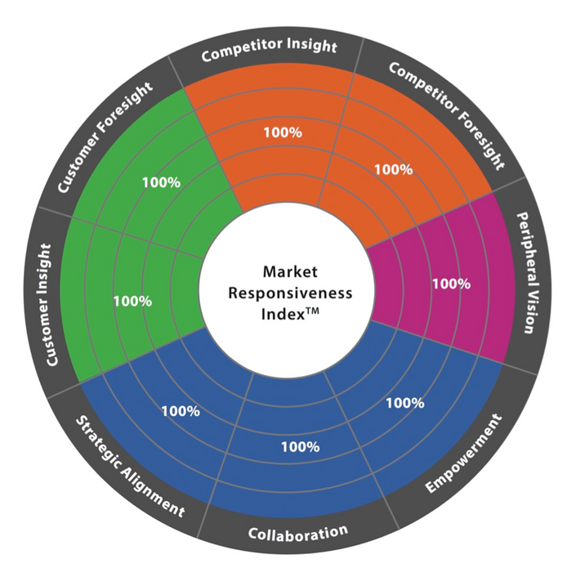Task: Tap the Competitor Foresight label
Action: point(447,115)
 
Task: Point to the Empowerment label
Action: point(464,454)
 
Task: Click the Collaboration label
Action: point(298,533)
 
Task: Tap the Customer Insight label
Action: point(48,305)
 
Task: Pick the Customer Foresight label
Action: point(105,136)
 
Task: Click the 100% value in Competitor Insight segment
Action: point(283,132)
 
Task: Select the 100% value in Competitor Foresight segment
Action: point(394,170)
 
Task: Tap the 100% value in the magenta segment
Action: point(451,284)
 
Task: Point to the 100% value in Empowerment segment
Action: point(405,403)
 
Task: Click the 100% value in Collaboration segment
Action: point(301,447)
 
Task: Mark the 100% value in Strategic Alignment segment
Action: point(181,411)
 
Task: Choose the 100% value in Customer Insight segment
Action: point(132,302)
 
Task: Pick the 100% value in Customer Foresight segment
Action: point(162,182)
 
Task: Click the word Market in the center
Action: point(290,272)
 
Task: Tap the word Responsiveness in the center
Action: point(290,293)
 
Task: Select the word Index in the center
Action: point(284,315)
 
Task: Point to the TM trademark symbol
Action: point(312,311)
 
